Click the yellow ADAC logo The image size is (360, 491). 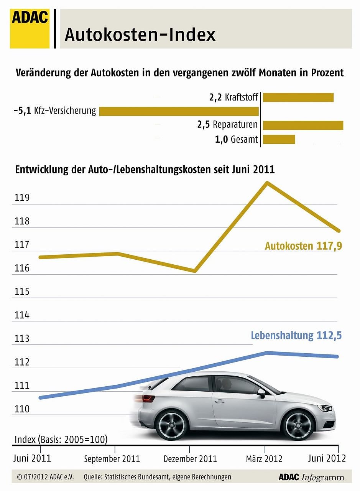coord(30,29)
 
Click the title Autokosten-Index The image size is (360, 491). coord(140,35)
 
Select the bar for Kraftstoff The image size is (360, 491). coord(298,97)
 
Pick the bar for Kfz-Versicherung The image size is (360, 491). coord(179,111)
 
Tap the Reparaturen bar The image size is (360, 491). coord(303,125)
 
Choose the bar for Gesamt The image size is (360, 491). coord(279,139)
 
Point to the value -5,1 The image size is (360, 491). coord(23,111)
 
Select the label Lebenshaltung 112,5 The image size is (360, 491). coord(296,336)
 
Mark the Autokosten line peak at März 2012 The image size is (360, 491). coord(268,183)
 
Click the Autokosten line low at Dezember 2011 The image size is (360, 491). coord(195,271)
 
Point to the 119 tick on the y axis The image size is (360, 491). coord(22,198)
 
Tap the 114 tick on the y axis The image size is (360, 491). coord(22,316)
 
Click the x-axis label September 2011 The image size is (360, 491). coord(112,459)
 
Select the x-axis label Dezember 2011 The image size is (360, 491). coord(190,459)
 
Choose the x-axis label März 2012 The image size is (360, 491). coord(264,459)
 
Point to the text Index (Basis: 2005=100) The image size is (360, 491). coord(61,439)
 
